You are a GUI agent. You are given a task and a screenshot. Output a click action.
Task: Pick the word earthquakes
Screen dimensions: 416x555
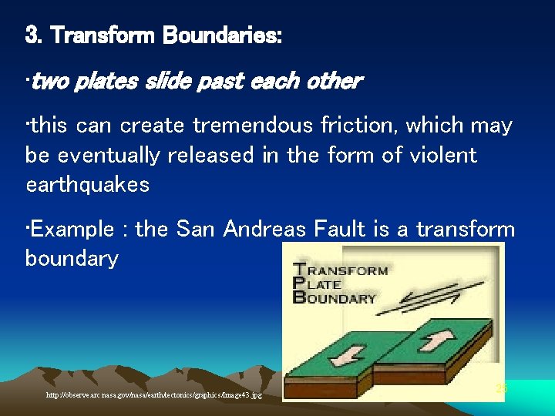(87, 185)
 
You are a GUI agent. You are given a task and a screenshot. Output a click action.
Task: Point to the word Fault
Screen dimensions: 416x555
(347, 229)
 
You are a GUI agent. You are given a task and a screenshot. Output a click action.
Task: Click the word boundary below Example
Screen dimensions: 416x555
(72, 258)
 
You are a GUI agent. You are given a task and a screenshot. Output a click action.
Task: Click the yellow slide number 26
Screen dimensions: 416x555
(501, 389)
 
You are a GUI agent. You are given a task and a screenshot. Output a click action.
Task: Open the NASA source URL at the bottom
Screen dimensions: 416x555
(153, 395)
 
